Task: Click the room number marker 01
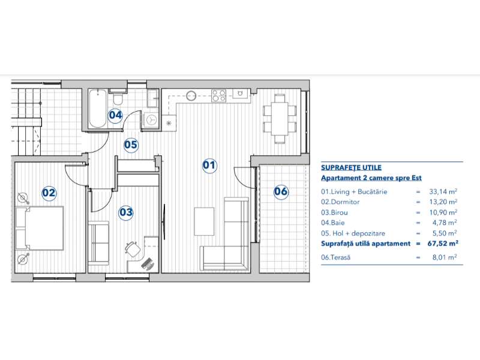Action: (209, 166)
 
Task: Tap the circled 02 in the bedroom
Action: (49, 193)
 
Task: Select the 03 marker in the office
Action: (125, 212)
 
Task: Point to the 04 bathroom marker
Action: (115, 115)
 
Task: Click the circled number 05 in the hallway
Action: (131, 145)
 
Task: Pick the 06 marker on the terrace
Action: (280, 192)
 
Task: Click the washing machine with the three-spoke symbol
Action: (152, 119)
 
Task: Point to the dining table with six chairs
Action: (280, 118)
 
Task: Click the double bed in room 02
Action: (40, 229)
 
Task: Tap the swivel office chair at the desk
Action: (132, 247)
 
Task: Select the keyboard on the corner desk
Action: (147, 262)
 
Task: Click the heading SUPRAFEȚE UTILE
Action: (351, 168)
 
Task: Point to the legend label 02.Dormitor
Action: (341, 202)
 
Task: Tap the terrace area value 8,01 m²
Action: (445, 257)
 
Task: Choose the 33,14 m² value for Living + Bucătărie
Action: (444, 192)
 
